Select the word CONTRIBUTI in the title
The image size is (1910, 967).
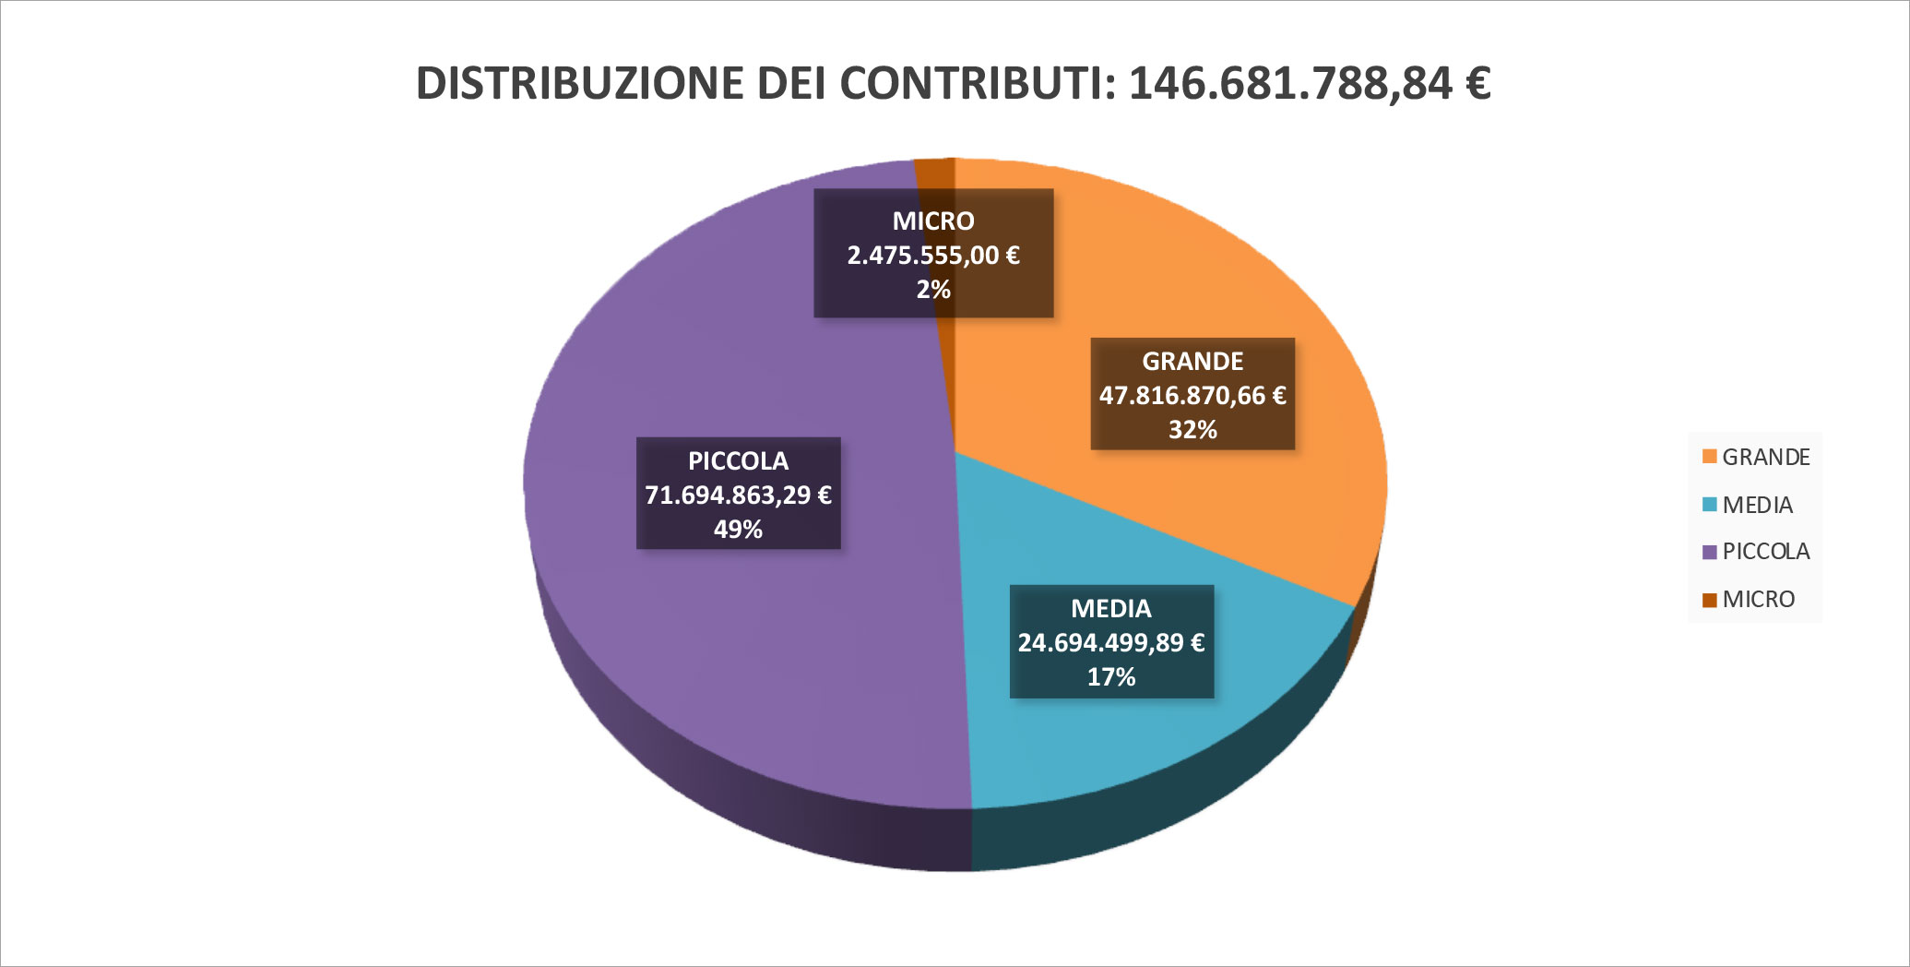978,83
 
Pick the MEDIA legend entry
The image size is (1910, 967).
1757,506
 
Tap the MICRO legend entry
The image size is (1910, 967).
1758,600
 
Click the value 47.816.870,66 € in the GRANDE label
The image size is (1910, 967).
1192,396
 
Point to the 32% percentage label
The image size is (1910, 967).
1192,430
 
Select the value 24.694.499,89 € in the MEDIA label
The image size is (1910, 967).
1110,643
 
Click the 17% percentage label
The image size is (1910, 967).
1110,677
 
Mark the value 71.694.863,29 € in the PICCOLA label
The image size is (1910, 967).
738,495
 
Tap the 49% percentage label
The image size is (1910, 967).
738,530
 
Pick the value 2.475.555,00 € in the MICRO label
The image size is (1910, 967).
933,256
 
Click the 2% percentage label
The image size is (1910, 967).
933,290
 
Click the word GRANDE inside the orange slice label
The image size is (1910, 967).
1192,362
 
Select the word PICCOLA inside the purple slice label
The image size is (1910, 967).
738,461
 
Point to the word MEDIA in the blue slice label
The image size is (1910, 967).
1110,609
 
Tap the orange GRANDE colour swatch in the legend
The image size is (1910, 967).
1709,458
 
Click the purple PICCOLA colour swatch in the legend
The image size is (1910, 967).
1709,553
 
